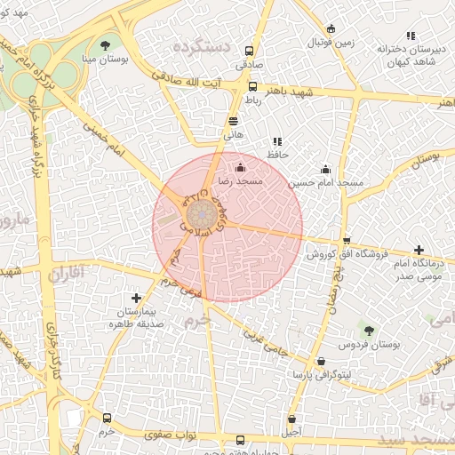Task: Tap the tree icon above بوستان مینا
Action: (x=106, y=44)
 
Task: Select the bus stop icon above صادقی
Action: (x=248, y=52)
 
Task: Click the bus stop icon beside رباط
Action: (x=253, y=87)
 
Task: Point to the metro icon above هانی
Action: (x=233, y=121)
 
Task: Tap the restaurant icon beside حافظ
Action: (x=277, y=140)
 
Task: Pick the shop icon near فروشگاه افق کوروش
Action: (x=347, y=241)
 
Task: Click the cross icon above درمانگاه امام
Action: (x=419, y=251)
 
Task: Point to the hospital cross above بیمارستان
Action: (x=135, y=299)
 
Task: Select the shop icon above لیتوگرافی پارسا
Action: (x=320, y=361)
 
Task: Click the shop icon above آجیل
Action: (x=291, y=419)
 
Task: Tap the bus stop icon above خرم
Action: (x=108, y=418)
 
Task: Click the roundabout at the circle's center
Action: (x=201, y=214)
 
